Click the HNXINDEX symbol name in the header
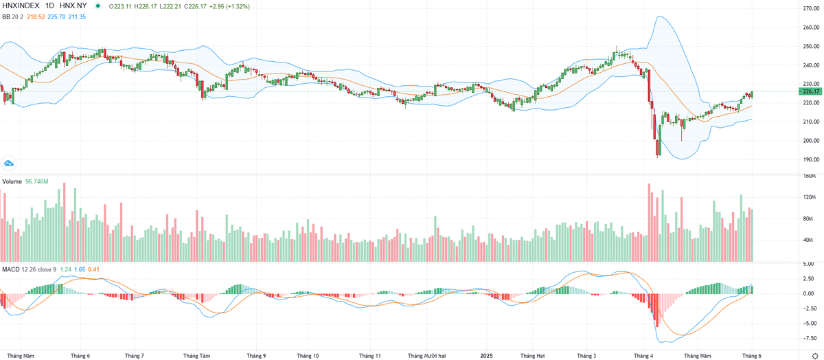[21, 6]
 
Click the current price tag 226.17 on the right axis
[811, 91]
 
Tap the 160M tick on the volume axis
[808, 176]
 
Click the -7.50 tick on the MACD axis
[807, 337]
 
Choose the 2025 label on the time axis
[485, 356]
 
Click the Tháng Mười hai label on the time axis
[427, 356]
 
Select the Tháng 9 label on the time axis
[256, 356]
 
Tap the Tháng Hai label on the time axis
[532, 356]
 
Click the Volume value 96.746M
[36, 182]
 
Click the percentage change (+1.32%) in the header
[234, 6]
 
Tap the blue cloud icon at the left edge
[9, 163]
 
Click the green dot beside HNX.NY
[98, 6]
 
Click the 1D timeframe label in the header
[50, 6]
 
